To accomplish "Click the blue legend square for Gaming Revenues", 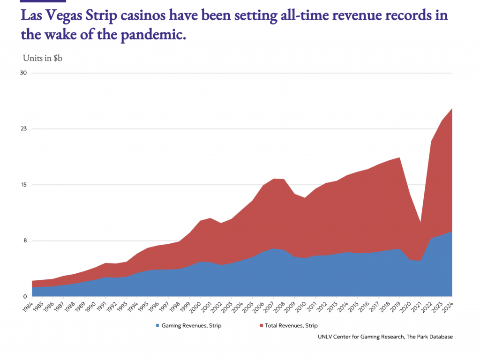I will point(157,325).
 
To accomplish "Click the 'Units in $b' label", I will point(43,58).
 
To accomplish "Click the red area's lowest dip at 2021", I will point(420,223).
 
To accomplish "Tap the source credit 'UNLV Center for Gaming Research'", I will point(359,337).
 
